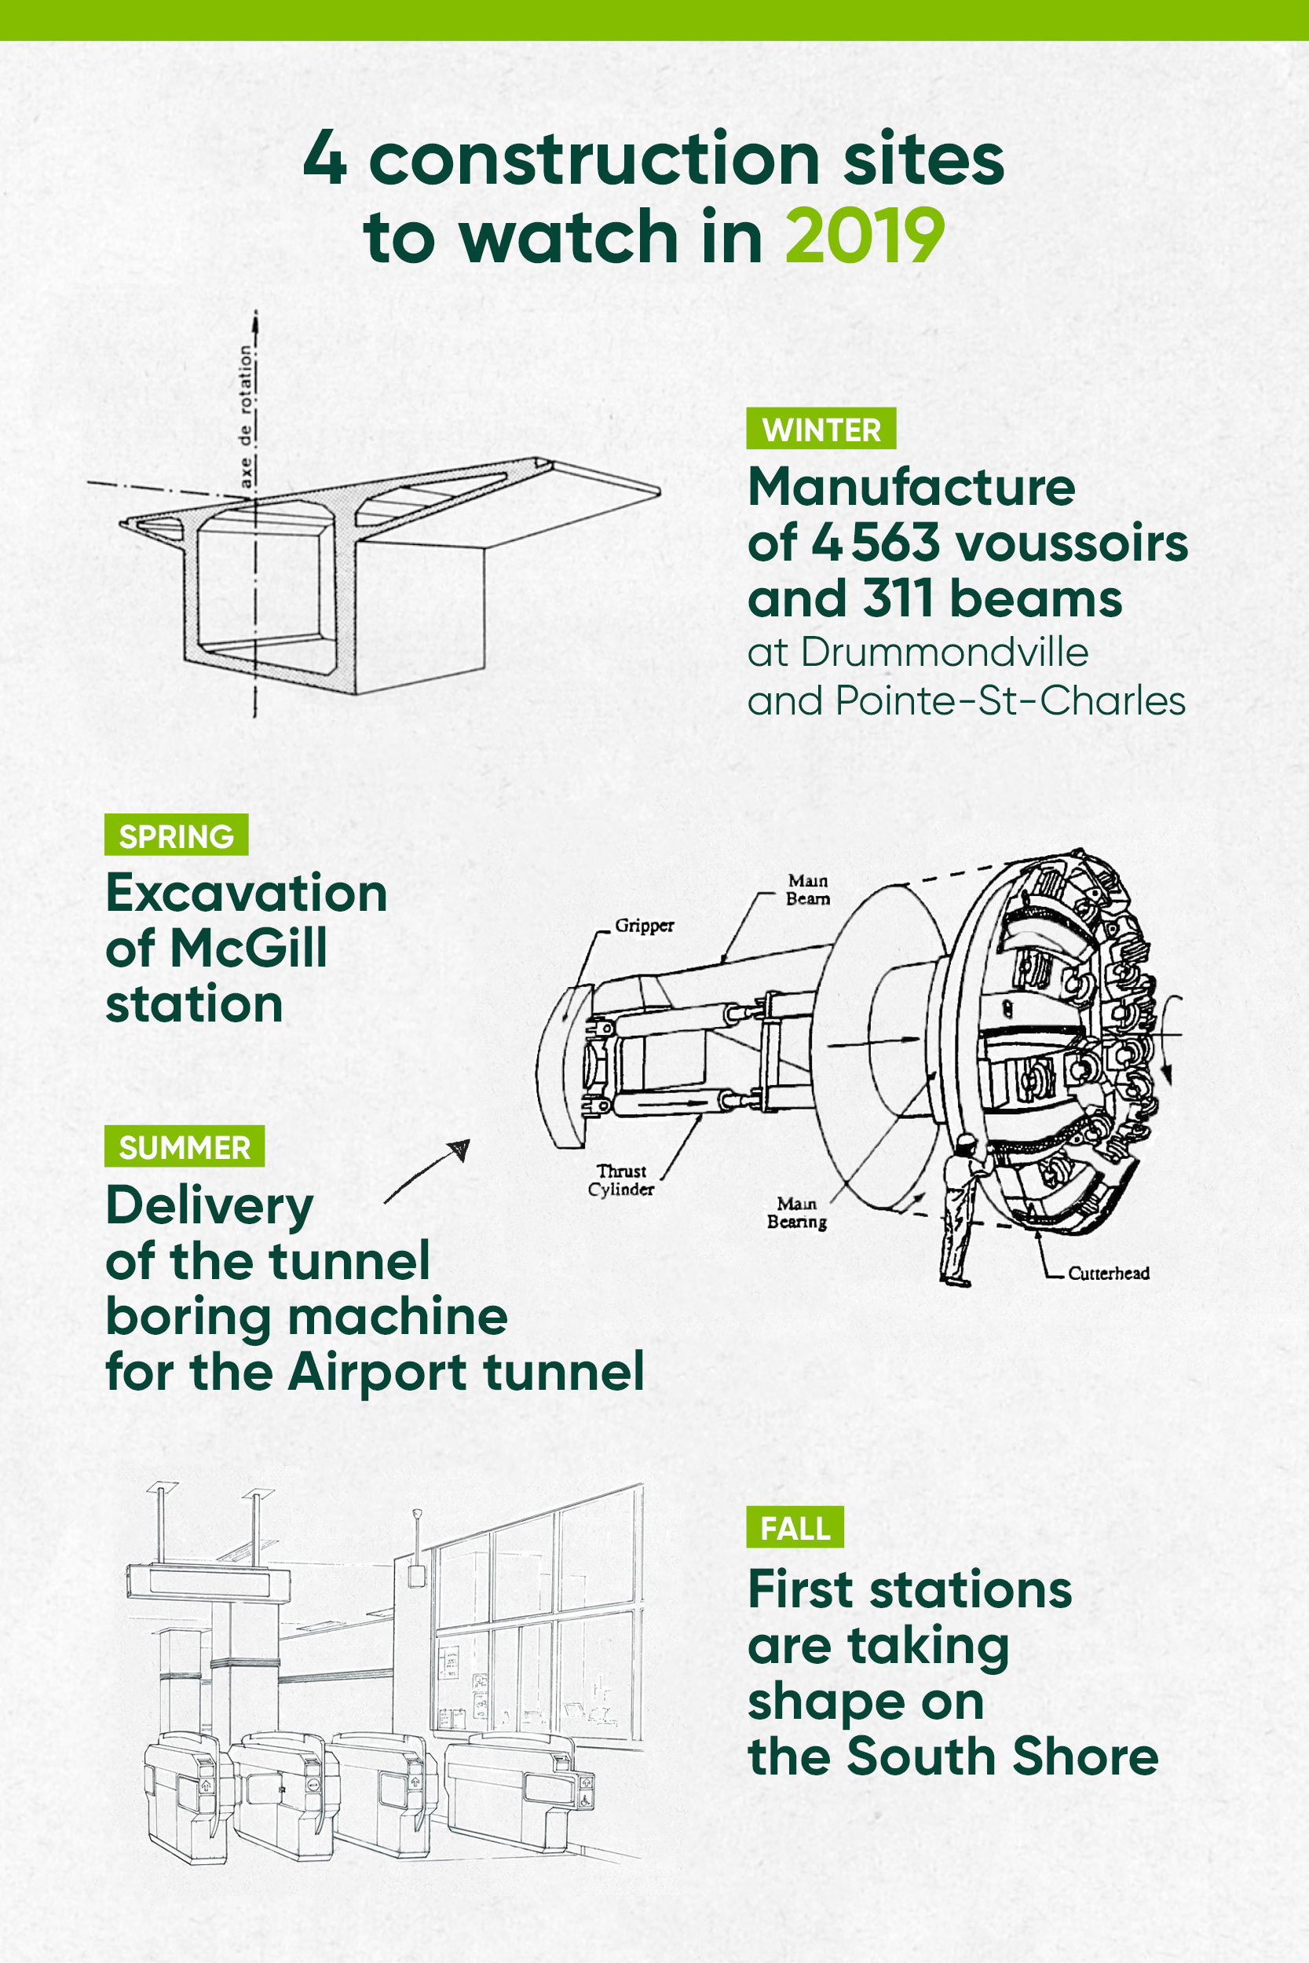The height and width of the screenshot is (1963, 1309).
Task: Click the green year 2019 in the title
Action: click(865, 237)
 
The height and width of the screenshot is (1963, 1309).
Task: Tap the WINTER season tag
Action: click(821, 429)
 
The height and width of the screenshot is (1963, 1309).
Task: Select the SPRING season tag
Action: click(176, 835)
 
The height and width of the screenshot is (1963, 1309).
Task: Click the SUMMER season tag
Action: click(185, 1146)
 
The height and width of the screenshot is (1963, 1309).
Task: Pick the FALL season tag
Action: click(795, 1528)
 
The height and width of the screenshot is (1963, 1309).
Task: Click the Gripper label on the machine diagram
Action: click(644, 926)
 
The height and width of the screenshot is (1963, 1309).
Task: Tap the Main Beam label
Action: click(807, 890)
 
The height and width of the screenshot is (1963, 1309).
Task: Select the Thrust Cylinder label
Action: click(621, 1180)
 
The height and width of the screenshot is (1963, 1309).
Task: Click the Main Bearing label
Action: click(796, 1212)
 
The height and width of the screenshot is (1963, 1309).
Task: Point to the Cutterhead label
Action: click(1108, 1273)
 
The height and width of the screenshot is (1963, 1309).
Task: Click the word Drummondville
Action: click(944, 653)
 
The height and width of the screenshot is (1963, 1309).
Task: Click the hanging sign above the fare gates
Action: click(208, 1582)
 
